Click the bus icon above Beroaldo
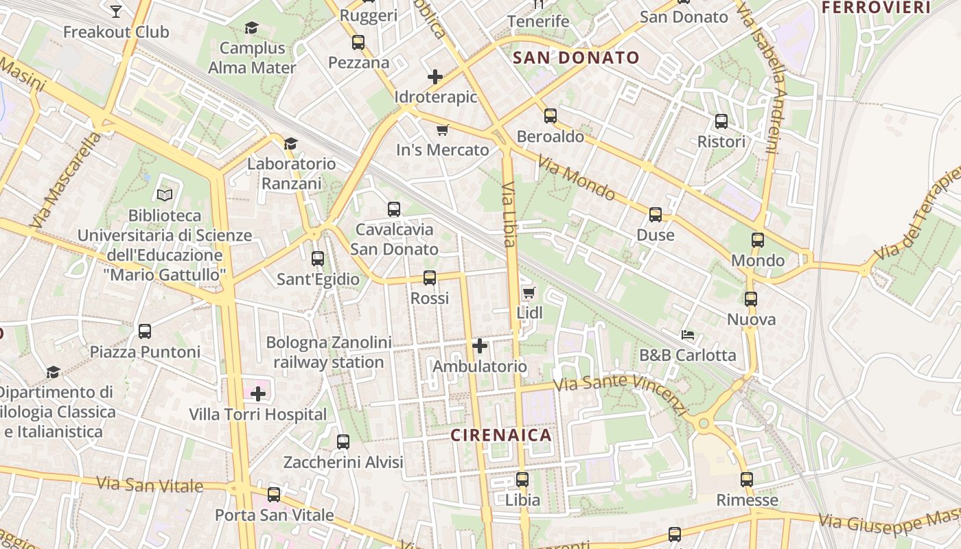coord(551,115)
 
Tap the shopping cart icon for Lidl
coord(529,293)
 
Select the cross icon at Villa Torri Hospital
coord(258,394)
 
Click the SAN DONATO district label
coord(576,58)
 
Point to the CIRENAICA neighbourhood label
coord(501,435)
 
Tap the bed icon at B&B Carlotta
coord(688,335)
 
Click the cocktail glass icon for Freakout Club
coord(116,11)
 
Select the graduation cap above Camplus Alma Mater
coord(252,27)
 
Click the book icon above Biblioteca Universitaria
coord(165,195)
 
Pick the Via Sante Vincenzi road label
coord(621,394)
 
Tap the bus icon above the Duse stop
coord(656,214)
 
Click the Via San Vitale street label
coord(150,484)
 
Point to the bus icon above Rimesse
coord(747,480)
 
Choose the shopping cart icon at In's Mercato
coord(443,130)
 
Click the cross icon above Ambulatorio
coord(480,346)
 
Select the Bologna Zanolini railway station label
coord(329,352)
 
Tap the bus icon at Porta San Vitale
coord(274,494)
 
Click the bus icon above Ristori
coord(721,121)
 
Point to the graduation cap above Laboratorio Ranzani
coord(291,143)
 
